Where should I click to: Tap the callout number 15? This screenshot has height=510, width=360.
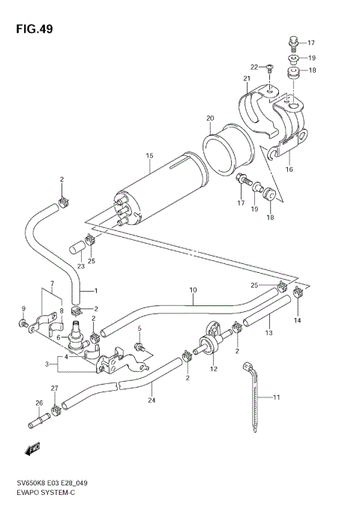point(149,156)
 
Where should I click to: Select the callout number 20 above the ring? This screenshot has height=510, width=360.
point(210,118)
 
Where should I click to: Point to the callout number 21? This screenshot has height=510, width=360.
point(244,79)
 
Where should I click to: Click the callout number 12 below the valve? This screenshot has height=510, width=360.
point(213,369)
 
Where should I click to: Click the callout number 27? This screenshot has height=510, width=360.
point(54,388)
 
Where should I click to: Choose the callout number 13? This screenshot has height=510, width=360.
point(268,331)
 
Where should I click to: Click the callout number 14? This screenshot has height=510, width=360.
point(296,320)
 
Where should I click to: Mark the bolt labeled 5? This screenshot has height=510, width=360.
point(139,346)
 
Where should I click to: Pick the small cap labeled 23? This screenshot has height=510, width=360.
point(75,248)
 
